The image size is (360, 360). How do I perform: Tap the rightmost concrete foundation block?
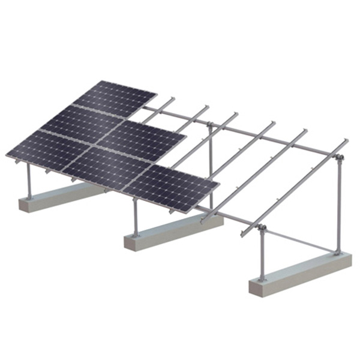click(300, 273)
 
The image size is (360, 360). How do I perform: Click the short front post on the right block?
click(262, 255)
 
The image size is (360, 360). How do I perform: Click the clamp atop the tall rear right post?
click(339, 158)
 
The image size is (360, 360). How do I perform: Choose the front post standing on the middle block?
click(135, 216)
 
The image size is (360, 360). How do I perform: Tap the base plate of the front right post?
click(262, 278)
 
